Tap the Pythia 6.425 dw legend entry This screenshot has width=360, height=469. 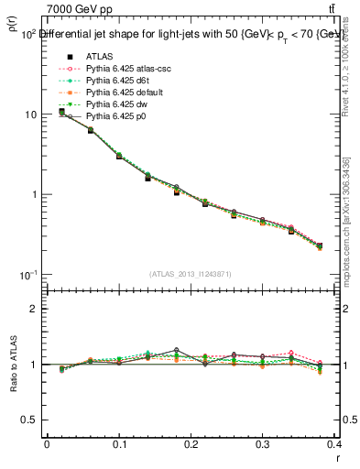pos(116,104)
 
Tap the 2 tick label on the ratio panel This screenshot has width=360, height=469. pos(35,309)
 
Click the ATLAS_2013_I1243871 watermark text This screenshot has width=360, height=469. pos(191,275)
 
